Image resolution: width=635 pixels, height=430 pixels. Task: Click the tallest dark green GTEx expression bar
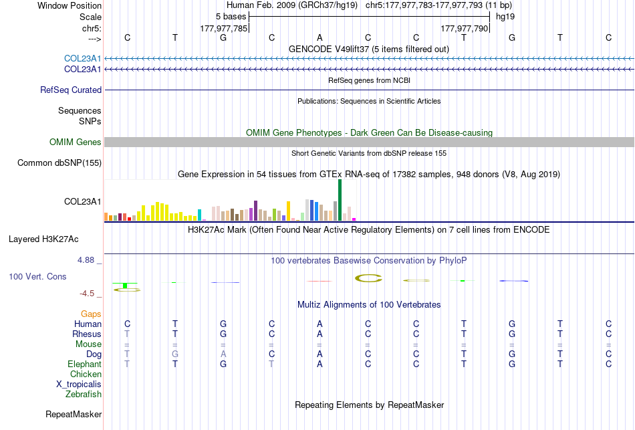pos(340,200)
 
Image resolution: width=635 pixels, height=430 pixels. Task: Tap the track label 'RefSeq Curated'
pos(71,90)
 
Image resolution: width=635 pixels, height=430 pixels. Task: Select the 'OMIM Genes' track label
pos(76,142)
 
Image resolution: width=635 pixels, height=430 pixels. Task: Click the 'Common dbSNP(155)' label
pos(59,163)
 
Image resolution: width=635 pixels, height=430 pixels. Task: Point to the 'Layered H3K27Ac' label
pos(43,239)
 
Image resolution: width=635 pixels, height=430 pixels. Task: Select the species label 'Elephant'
pos(84,364)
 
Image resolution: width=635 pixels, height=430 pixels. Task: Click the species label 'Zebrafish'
pos(84,394)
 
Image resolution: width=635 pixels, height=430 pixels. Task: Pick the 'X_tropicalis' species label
pos(79,385)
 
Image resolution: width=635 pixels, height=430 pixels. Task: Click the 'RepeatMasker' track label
pos(74,414)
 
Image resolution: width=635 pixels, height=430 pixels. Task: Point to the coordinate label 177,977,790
pos(464,28)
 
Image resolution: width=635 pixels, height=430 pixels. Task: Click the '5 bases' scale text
pos(231,17)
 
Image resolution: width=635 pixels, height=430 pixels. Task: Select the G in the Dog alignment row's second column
pos(175,354)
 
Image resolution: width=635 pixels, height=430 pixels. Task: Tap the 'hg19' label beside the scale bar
pos(505,17)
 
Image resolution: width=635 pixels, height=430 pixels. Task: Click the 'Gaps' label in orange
pos(91,314)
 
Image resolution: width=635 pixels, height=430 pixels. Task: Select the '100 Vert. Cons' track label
pos(37,276)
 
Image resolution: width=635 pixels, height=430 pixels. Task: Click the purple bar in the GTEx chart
pos(255,211)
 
